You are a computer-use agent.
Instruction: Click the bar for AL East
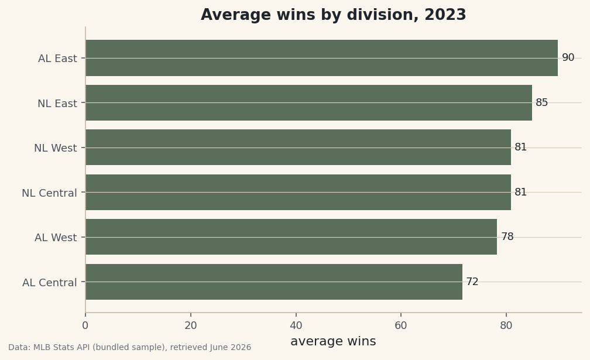322,58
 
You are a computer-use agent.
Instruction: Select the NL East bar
309,102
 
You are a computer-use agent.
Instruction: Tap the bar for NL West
299,148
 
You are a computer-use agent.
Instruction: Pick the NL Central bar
299,192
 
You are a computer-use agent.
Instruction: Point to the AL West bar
291,237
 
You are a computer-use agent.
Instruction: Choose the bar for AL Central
274,282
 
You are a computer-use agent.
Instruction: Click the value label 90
568,57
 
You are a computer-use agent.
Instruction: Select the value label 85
541,102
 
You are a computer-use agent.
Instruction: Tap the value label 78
507,236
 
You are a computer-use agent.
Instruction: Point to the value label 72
472,282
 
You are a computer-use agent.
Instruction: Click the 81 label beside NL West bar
520,147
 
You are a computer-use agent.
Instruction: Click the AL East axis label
57,59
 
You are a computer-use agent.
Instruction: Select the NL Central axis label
49,193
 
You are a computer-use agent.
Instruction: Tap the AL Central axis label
50,283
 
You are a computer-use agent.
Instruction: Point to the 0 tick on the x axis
85,325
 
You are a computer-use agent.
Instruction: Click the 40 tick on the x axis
296,325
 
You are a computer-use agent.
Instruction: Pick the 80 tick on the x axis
506,325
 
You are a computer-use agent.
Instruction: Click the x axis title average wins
333,341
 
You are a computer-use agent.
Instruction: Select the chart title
334,15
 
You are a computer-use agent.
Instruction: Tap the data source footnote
129,347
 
